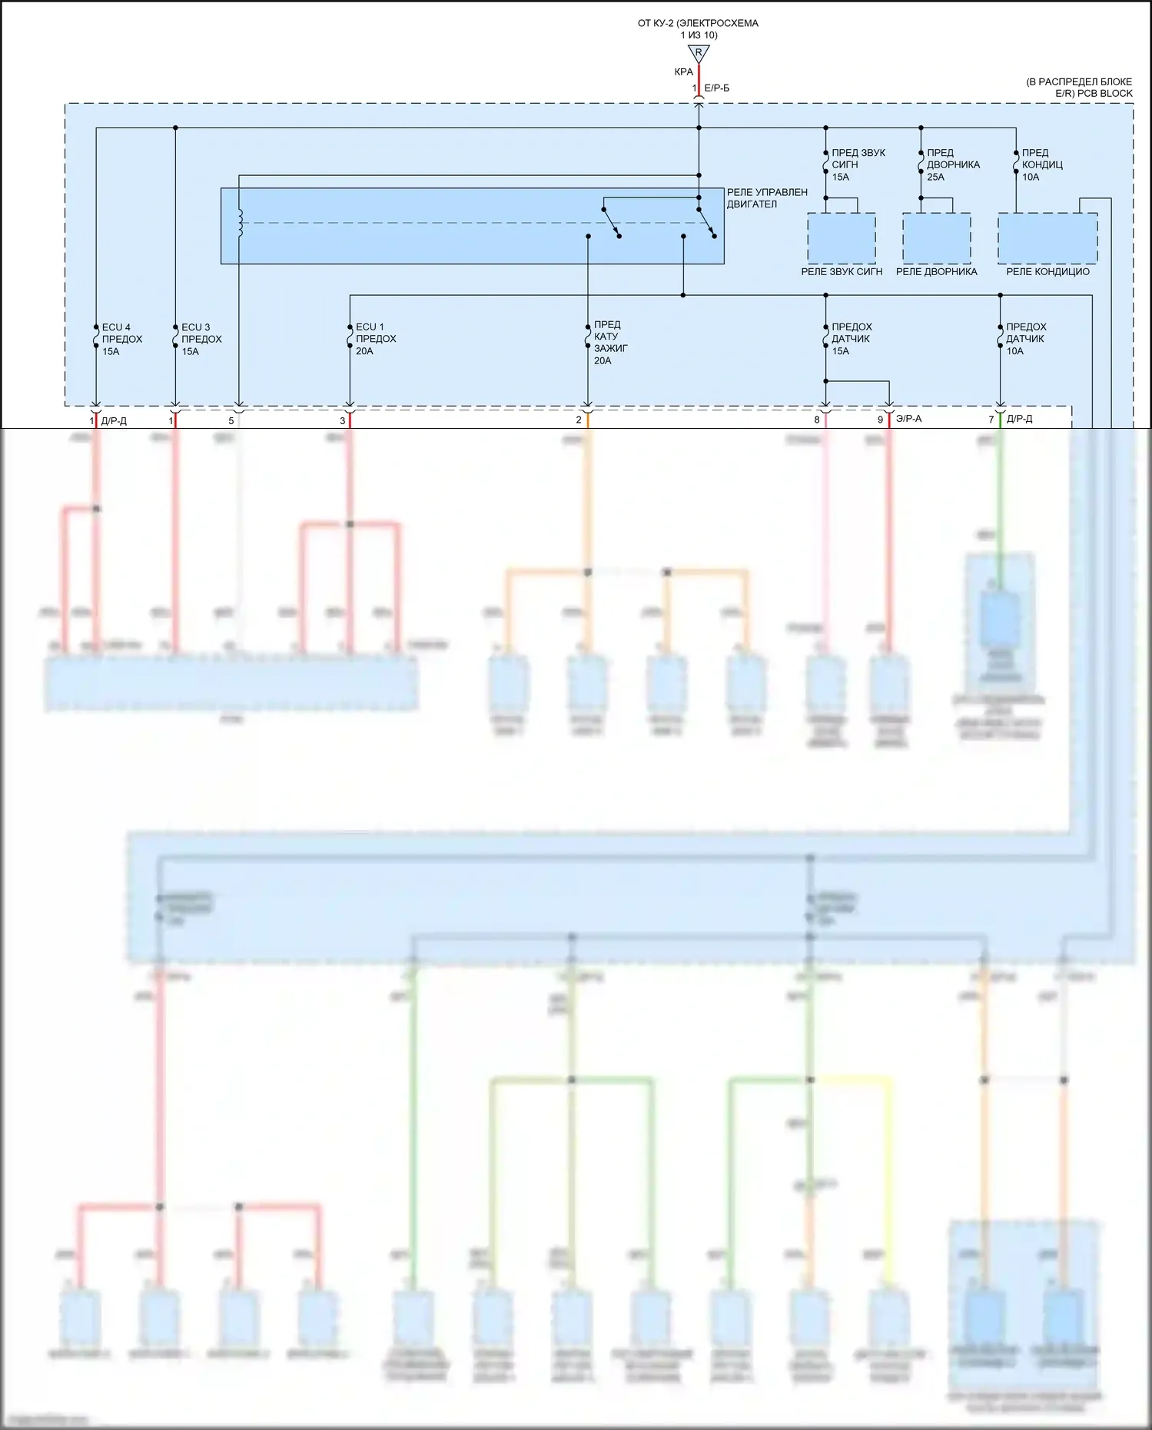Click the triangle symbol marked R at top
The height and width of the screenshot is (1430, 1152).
699,53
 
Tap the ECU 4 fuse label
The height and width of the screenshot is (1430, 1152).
121,339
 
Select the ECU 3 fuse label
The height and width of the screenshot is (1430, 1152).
201,339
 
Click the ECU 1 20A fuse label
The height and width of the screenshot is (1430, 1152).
375,339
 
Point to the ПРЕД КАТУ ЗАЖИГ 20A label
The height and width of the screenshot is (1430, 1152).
610,343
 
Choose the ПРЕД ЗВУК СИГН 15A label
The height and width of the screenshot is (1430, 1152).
858,164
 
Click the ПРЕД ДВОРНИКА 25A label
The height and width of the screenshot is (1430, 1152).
953,164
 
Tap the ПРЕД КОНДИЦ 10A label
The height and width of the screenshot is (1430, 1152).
1042,164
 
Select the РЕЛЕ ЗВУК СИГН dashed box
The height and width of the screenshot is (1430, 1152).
842,238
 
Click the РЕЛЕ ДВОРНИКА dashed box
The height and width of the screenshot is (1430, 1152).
936,238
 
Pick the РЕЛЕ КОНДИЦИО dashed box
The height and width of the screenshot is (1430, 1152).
1047,238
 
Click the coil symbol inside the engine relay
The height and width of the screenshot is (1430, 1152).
240,223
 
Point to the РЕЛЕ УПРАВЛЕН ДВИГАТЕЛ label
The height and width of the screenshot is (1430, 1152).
767,198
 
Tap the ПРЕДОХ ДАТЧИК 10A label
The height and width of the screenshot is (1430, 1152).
1026,339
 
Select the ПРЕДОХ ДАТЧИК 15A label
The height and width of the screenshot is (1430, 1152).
852,339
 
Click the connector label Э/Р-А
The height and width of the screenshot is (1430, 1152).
908,419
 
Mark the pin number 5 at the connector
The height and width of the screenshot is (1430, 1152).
231,420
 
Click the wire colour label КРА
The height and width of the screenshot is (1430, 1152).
683,72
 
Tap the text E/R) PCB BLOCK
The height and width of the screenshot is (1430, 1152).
1094,94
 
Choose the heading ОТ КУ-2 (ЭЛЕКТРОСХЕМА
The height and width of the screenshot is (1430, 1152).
698,23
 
